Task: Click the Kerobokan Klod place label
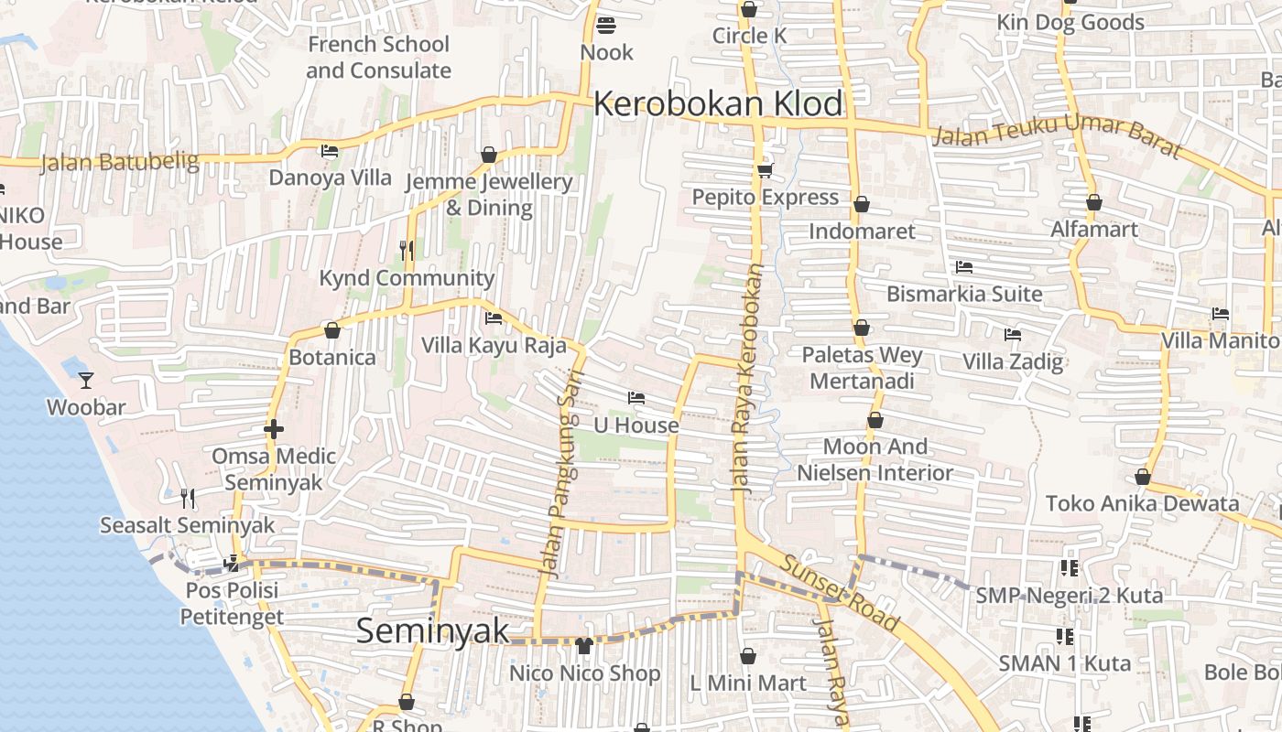point(718,103)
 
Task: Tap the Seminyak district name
point(432,630)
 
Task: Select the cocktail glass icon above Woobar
point(86,380)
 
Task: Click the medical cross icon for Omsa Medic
point(273,428)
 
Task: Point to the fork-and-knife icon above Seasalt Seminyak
point(188,498)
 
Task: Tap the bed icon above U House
point(636,398)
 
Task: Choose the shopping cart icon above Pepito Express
point(765,170)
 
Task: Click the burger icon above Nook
point(605,25)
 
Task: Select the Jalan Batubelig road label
point(120,163)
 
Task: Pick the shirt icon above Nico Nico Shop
point(584,646)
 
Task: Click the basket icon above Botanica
point(331,330)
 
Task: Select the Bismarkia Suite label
point(964,294)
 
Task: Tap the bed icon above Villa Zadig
point(1012,335)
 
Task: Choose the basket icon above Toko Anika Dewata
point(1142,477)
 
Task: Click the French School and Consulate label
point(378,57)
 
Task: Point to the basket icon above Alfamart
point(1093,202)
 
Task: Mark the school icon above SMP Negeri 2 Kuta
point(1069,568)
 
